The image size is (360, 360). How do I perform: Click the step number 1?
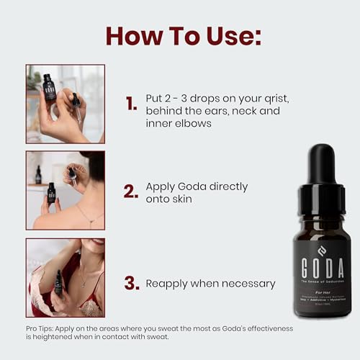point(131,104)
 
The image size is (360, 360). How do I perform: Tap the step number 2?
point(130,192)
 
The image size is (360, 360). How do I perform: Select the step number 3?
point(131,283)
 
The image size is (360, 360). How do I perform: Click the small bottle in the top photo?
point(49,87)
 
